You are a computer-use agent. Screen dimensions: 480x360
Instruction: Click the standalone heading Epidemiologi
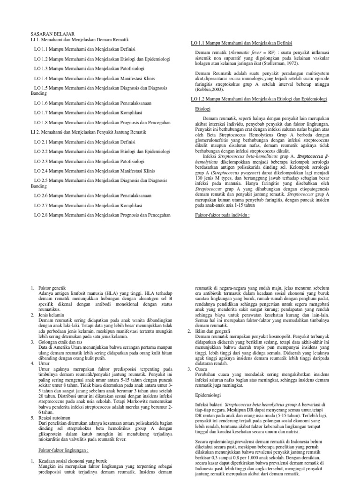coord(209,394)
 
